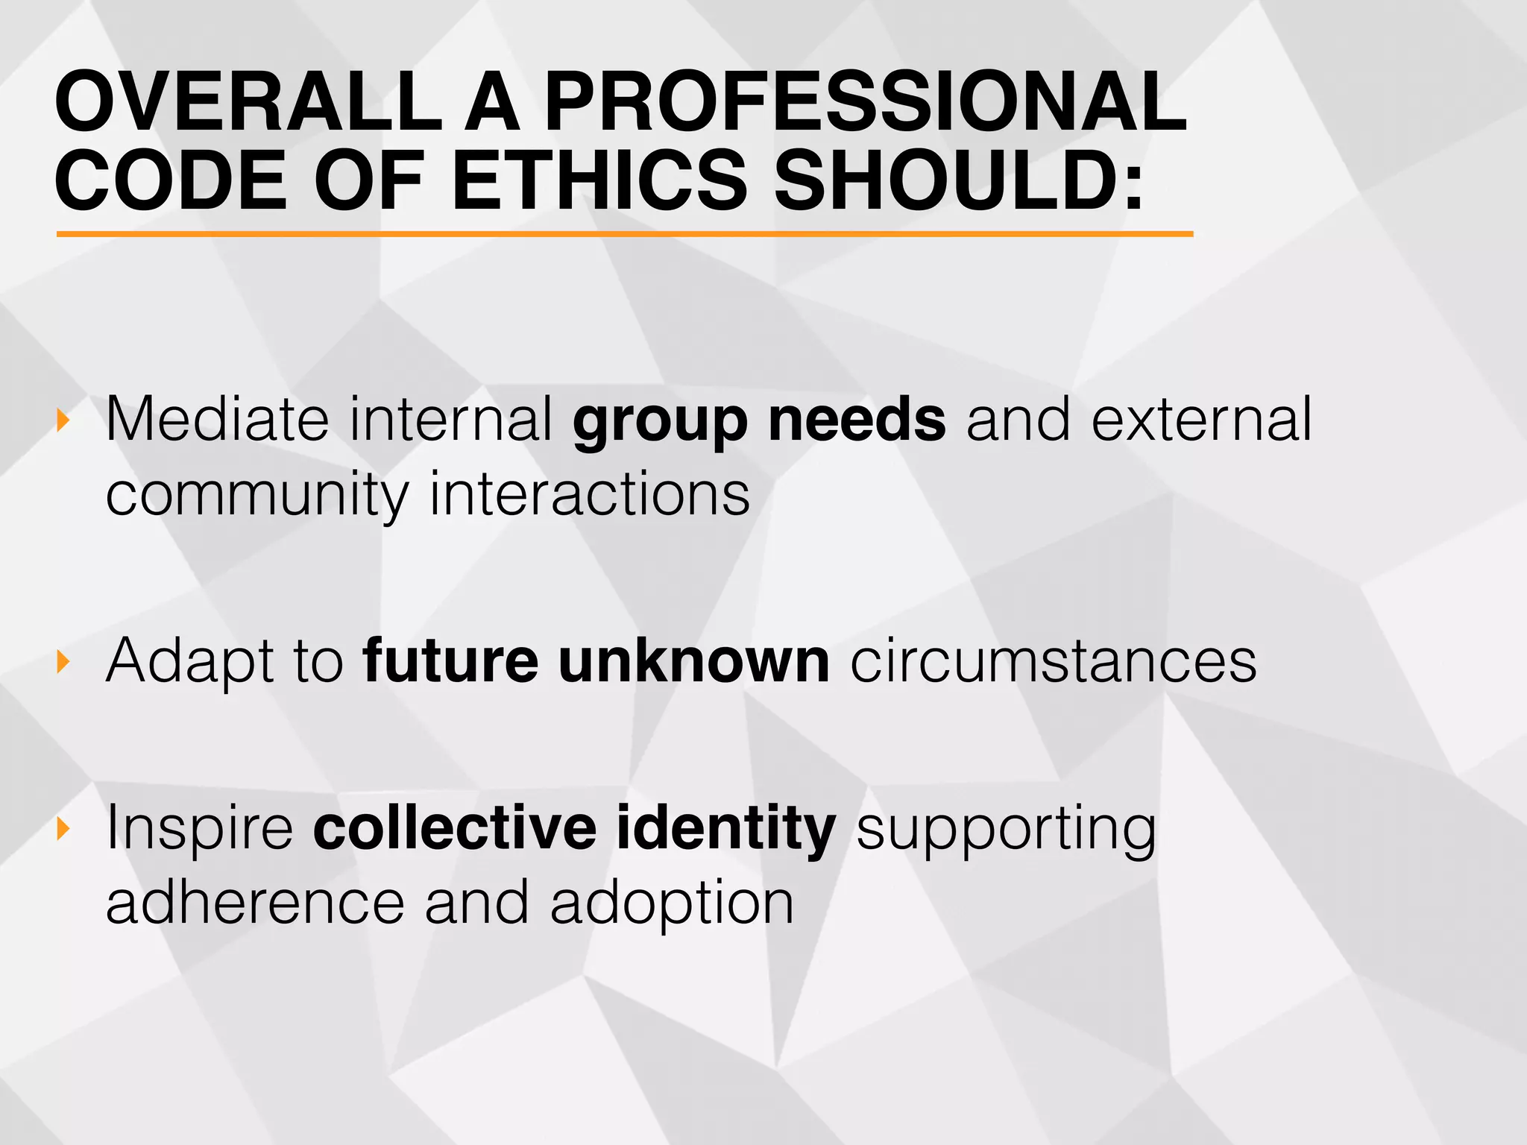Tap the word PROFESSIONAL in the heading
[865, 101]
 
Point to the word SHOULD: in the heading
[959, 180]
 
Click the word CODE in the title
[171, 180]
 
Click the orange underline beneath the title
[625, 234]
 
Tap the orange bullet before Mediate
[63, 420]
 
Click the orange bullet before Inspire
[63, 827]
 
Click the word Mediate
[217, 420]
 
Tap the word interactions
[590, 494]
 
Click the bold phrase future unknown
[596, 660]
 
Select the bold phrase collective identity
[574, 828]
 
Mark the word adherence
[255, 903]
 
